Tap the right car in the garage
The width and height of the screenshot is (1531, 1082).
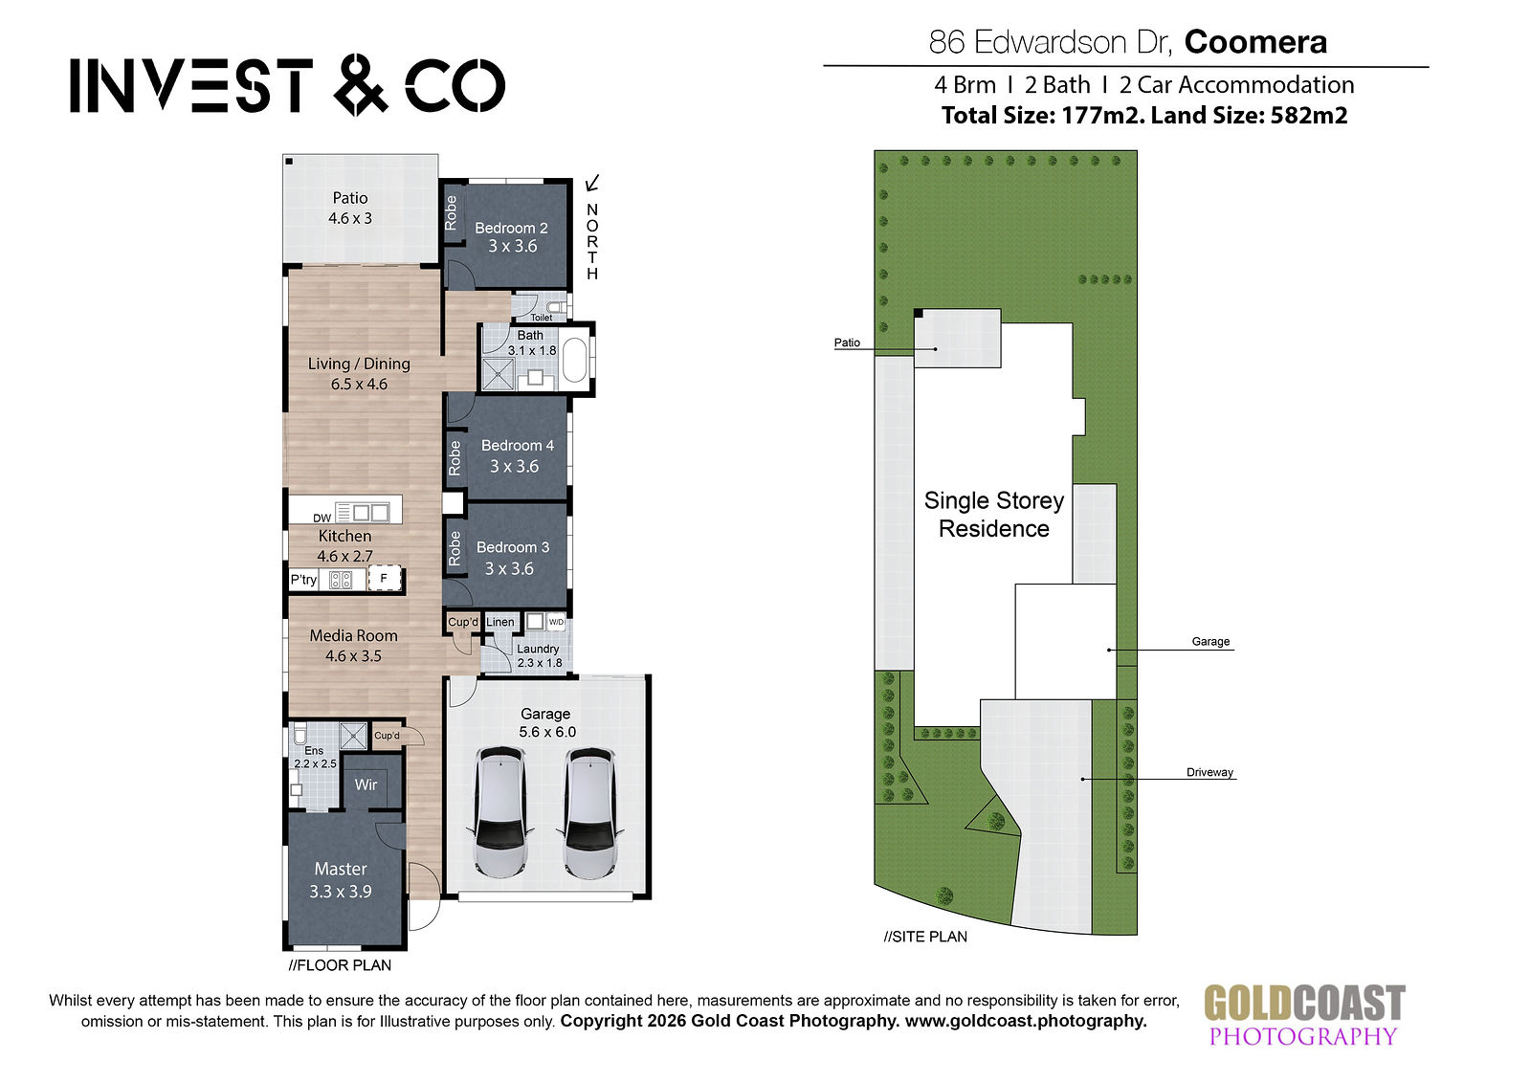click(590, 812)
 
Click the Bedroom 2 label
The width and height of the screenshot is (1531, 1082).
click(511, 229)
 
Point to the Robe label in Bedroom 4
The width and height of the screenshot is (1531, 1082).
click(455, 458)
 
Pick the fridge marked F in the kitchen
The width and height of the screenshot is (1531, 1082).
click(384, 578)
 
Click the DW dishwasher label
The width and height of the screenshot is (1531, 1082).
click(322, 519)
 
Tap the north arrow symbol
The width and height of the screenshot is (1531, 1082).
click(592, 183)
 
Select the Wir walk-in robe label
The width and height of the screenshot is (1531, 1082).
click(366, 784)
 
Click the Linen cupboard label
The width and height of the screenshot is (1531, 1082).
click(500, 622)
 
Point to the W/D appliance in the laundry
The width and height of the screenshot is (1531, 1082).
click(556, 622)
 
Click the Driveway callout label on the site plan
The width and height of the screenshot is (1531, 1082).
click(1209, 772)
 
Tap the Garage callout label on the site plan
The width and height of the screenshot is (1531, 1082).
click(1210, 641)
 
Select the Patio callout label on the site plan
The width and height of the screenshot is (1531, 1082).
click(847, 342)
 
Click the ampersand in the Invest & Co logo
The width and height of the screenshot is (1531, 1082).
click(361, 85)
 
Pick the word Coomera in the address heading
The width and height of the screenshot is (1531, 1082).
click(1255, 42)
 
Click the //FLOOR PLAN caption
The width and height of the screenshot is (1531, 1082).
click(340, 965)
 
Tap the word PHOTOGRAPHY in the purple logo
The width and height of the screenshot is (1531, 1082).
click(1302, 1036)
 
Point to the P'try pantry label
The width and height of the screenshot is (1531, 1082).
click(303, 580)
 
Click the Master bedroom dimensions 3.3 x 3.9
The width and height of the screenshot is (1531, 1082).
click(341, 892)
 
